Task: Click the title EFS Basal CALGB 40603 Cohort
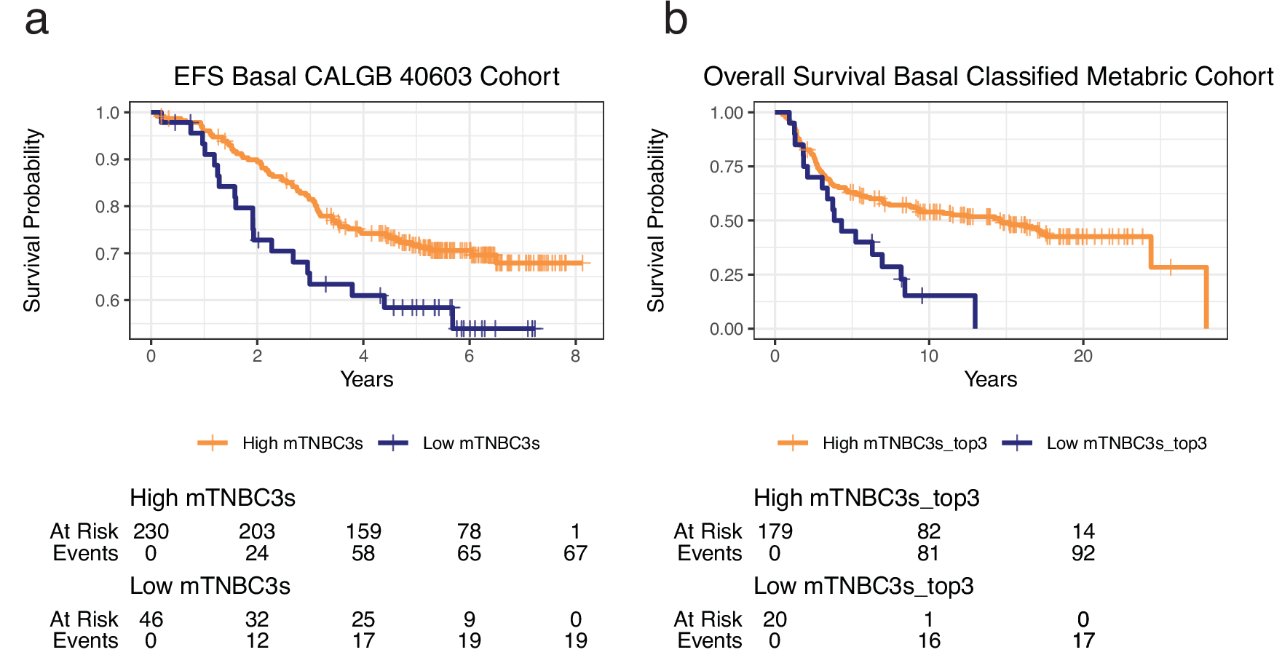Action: (x=366, y=76)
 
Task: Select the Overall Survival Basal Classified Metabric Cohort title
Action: (x=988, y=76)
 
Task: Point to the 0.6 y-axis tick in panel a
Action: (x=108, y=301)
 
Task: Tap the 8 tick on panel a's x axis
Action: (x=575, y=356)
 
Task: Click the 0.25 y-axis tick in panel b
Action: (x=726, y=275)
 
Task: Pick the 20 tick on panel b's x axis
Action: (x=1083, y=356)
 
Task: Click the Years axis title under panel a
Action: (x=366, y=379)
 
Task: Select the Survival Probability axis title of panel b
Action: (x=656, y=221)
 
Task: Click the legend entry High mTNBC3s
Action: (x=302, y=443)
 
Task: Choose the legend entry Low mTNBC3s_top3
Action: (x=1126, y=443)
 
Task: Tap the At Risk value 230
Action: (x=151, y=531)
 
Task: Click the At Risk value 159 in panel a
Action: (x=363, y=531)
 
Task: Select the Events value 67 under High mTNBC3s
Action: (x=575, y=553)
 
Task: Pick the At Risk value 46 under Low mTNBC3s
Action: (x=151, y=619)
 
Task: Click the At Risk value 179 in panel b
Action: (x=775, y=531)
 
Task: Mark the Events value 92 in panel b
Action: (x=1083, y=553)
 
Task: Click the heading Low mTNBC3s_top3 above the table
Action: (x=863, y=586)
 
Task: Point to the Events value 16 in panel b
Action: (x=929, y=640)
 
